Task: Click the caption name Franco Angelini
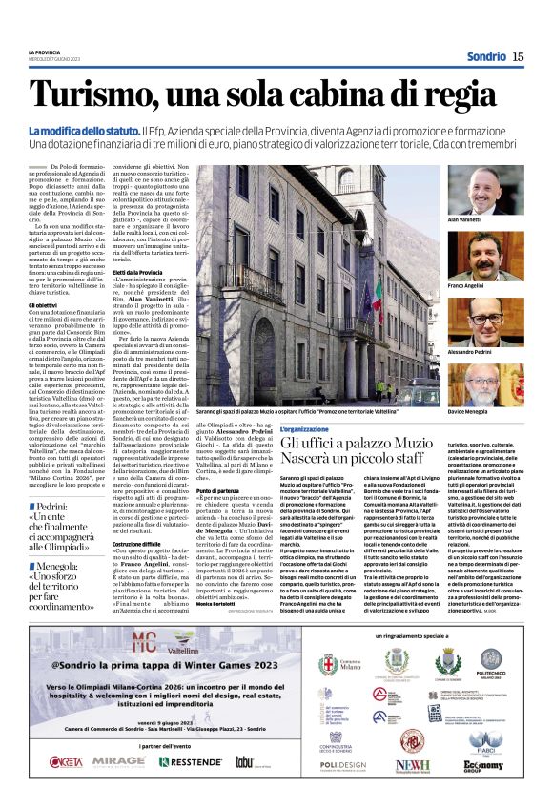click(492, 285)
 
